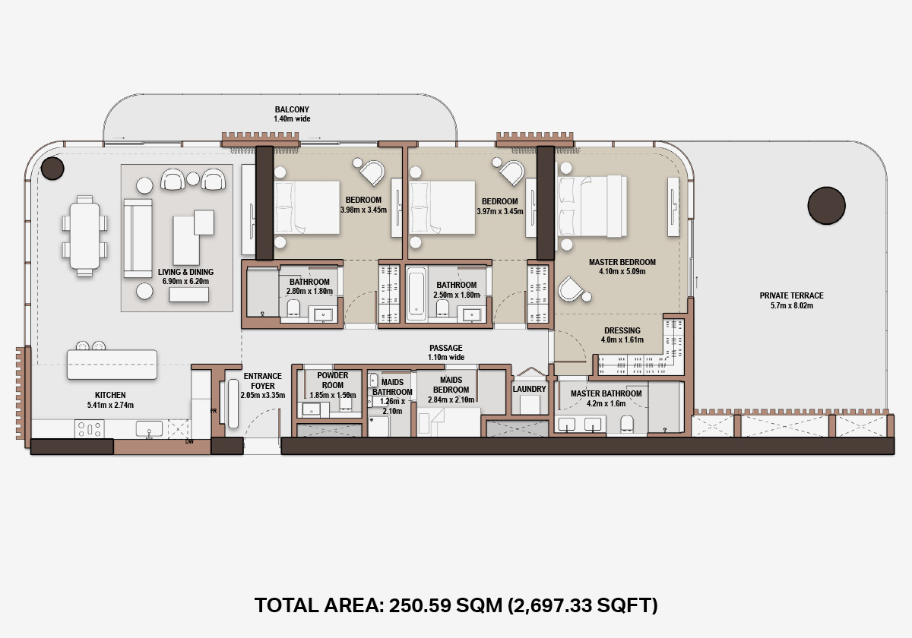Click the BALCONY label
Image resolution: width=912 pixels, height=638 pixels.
292,109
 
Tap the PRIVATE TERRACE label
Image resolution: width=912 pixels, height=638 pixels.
791,295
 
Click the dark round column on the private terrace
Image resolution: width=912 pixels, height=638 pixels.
827,206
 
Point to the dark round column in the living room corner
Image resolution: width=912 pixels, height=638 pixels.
52,168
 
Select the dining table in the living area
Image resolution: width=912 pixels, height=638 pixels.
84,236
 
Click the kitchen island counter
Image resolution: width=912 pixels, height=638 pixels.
112,365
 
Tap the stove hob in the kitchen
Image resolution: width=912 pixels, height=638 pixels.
89,429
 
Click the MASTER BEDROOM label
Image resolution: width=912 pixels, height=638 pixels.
622,262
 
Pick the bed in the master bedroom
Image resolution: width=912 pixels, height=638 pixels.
592,207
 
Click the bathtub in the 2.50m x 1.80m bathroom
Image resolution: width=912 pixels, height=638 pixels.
416,293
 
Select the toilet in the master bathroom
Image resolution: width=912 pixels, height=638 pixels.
627,424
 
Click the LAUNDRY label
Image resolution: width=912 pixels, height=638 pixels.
529,389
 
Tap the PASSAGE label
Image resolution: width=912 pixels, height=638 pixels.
446,348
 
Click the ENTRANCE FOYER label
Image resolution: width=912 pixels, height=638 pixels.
263,381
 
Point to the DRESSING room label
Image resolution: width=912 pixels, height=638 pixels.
622,330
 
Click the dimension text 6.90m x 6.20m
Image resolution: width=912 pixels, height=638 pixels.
185,281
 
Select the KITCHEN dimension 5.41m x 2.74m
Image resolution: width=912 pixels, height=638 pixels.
110,405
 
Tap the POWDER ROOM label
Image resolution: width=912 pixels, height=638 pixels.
333,380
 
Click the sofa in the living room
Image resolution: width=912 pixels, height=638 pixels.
138,238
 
